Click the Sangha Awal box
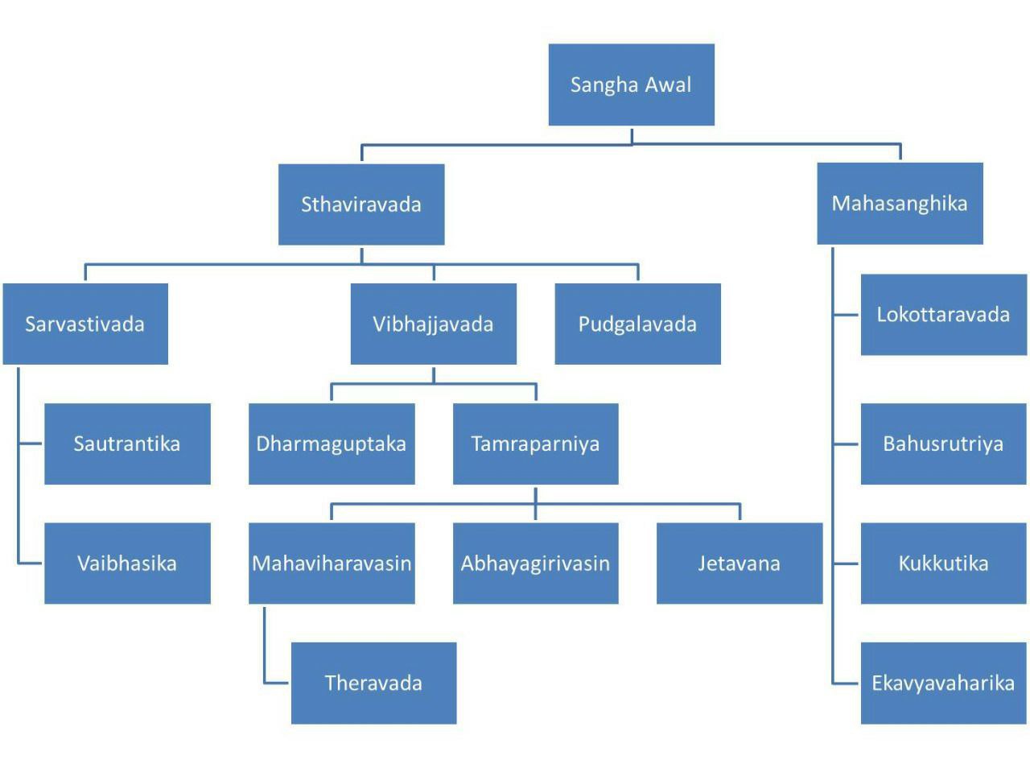click(x=631, y=85)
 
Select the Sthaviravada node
click(x=361, y=204)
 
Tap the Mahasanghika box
click(x=900, y=204)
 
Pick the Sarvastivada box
click(x=85, y=324)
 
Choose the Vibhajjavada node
click(x=433, y=324)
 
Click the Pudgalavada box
click(x=637, y=324)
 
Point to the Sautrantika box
click(x=127, y=444)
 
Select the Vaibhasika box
click(x=127, y=563)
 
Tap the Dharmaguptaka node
click(x=332, y=444)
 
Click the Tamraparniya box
click(x=535, y=444)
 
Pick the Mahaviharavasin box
click(x=332, y=563)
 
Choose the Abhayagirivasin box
click(x=535, y=563)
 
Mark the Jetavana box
click(x=739, y=563)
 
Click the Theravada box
click(x=373, y=683)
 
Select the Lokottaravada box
click(x=943, y=314)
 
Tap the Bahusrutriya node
click(x=943, y=444)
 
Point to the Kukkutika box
click(x=943, y=563)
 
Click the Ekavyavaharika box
click(x=943, y=683)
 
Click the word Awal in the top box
click(x=667, y=85)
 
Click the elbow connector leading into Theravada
click(x=266, y=681)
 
